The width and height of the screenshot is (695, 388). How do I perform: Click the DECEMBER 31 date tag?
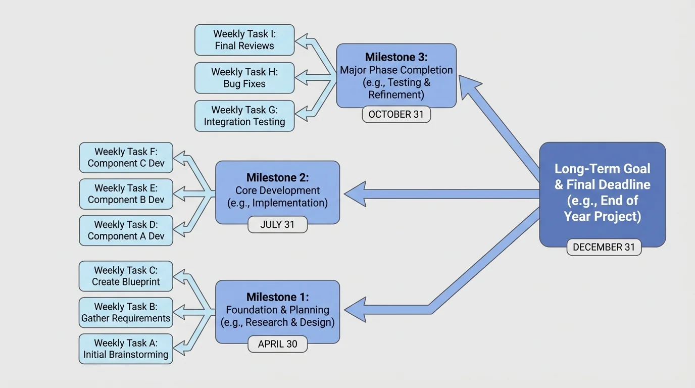(x=604, y=247)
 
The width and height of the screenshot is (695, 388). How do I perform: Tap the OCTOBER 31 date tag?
(x=396, y=114)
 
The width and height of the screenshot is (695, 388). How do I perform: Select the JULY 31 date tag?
(x=277, y=224)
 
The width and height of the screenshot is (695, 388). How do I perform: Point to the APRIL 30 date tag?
(x=277, y=344)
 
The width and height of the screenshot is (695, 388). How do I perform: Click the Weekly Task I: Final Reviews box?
(x=244, y=40)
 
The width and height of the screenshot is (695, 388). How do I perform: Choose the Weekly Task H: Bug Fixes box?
(x=244, y=78)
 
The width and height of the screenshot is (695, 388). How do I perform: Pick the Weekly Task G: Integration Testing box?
(x=244, y=116)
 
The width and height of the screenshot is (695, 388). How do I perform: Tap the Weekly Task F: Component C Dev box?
(x=126, y=157)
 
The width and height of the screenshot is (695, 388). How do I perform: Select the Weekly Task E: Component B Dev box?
(x=126, y=193)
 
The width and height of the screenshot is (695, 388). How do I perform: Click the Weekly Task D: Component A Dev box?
(x=126, y=230)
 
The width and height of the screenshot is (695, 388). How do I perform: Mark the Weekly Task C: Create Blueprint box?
(x=126, y=276)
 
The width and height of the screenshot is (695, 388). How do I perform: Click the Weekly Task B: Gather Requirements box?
(x=126, y=312)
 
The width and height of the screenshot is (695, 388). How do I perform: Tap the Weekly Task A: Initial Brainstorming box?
(x=126, y=349)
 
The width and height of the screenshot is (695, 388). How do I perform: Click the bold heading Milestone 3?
(x=396, y=57)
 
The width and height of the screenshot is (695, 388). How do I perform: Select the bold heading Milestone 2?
(x=277, y=177)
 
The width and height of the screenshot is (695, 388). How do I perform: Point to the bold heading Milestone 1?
(x=277, y=297)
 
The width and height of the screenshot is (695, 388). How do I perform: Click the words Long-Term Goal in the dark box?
(x=602, y=169)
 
